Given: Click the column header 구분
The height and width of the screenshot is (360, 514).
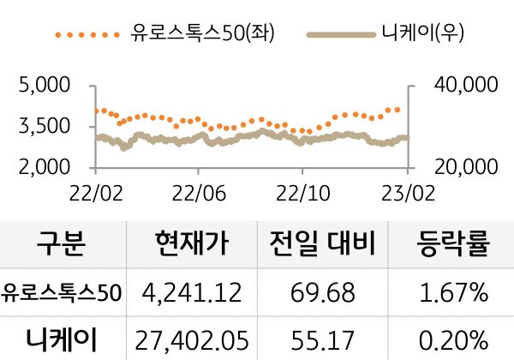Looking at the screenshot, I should click(x=62, y=244).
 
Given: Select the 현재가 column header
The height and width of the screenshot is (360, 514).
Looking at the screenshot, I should click(x=193, y=244).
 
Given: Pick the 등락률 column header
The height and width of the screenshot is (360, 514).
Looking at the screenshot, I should click(x=453, y=244).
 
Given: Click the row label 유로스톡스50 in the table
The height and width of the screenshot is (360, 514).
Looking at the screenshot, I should click(x=62, y=293).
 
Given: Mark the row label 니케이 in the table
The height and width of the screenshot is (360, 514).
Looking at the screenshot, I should click(x=62, y=338).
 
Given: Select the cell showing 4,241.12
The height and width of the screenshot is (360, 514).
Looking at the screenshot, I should click(x=193, y=293).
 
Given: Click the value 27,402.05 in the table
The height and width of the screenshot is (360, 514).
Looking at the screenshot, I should click(x=193, y=338).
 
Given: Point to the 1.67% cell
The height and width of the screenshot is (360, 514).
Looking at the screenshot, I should click(x=453, y=293).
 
